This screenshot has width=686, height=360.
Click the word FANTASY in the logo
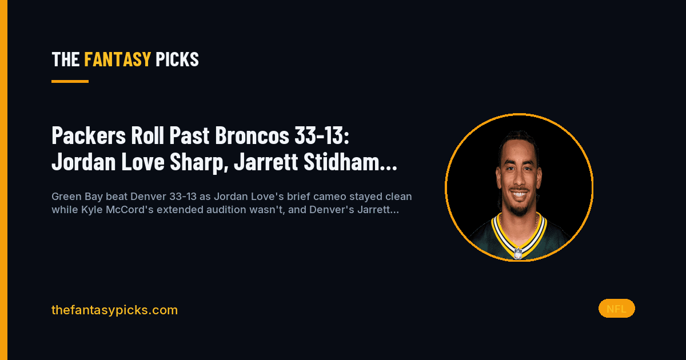pyautogui.click(x=117, y=59)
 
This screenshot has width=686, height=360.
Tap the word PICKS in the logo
pyautogui.click(x=177, y=59)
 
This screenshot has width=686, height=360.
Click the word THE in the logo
pyautogui.click(x=66, y=59)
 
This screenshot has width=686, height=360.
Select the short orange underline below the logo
pyautogui.click(x=70, y=81)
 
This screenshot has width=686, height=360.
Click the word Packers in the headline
pyautogui.click(x=89, y=135)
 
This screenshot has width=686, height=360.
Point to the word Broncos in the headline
pyautogui.click(x=252, y=135)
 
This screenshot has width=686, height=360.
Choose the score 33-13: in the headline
pyautogui.click(x=321, y=135)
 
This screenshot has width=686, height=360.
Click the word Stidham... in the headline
pyautogui.click(x=350, y=162)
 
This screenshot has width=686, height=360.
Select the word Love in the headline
pyautogui.click(x=143, y=162)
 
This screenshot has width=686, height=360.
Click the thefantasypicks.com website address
pyautogui.click(x=114, y=310)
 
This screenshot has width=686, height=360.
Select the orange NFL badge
pyautogui.click(x=616, y=309)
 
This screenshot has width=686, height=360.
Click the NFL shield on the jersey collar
pyautogui.click(x=518, y=254)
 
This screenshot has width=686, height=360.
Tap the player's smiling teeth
pyautogui.click(x=519, y=194)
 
